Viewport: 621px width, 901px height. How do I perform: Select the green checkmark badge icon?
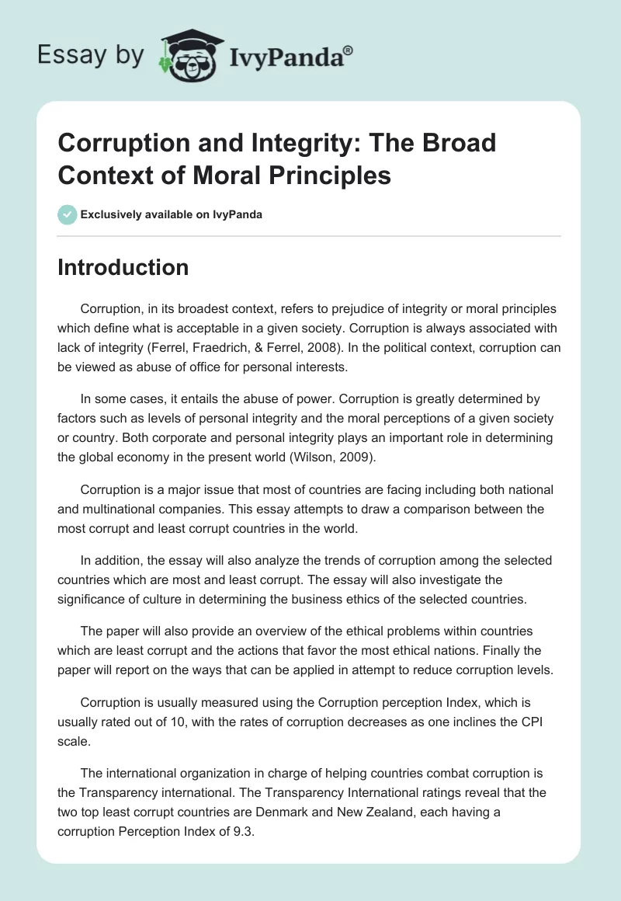67,214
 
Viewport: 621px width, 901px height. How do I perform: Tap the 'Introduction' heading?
123,267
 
